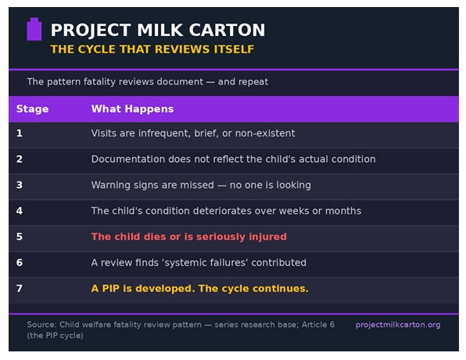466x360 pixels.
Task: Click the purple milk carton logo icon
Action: pos(34,29)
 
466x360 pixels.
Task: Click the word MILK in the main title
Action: pos(160,30)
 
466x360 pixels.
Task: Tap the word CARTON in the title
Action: pos(227,30)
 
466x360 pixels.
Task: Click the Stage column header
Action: pos(32,109)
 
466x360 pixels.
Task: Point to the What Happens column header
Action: pos(133,109)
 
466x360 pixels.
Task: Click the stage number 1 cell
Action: pos(20,133)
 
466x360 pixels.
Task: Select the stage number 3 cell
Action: pos(20,185)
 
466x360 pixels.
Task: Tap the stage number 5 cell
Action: pos(20,236)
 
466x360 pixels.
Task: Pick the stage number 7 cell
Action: pos(20,288)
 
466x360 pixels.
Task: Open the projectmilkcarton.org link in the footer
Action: pos(398,325)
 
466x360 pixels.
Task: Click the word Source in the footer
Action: pos(41,324)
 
